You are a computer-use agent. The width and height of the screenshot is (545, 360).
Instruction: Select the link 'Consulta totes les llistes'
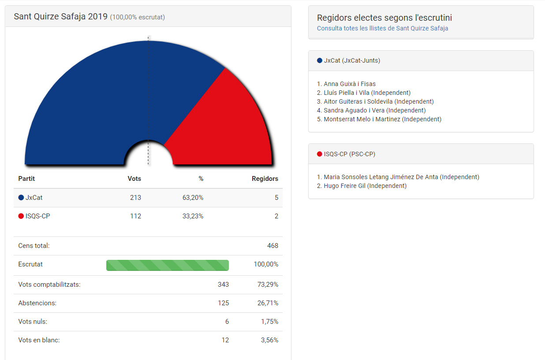coord(382,28)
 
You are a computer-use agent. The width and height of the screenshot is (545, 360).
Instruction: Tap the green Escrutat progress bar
coord(168,265)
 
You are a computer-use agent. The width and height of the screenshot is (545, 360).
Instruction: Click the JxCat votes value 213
coord(135,198)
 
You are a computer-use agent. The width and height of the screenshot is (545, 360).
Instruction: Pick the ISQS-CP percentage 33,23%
coord(193,216)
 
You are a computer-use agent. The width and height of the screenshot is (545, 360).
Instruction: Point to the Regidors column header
coord(265,179)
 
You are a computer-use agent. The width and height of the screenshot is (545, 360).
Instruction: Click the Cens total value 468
coord(272,246)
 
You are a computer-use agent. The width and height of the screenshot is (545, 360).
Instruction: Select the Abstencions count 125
coord(223,303)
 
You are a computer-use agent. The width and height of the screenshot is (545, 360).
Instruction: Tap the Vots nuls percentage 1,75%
coord(269,322)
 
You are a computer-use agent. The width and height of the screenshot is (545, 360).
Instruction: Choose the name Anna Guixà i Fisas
coord(350,84)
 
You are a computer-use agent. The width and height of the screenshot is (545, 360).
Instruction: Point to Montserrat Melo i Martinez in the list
coord(362,119)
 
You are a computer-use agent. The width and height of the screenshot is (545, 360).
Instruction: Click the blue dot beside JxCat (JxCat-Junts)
coord(320,60)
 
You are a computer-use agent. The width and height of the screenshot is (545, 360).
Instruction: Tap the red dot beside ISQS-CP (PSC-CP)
coord(320,154)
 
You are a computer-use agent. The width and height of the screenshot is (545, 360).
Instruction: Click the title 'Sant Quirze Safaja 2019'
coord(61,17)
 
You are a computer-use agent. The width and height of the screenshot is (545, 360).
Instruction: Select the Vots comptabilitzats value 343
coord(223,285)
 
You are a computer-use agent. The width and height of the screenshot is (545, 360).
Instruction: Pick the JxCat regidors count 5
coord(276,198)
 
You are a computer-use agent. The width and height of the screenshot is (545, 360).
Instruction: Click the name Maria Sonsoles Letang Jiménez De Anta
coord(381,177)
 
